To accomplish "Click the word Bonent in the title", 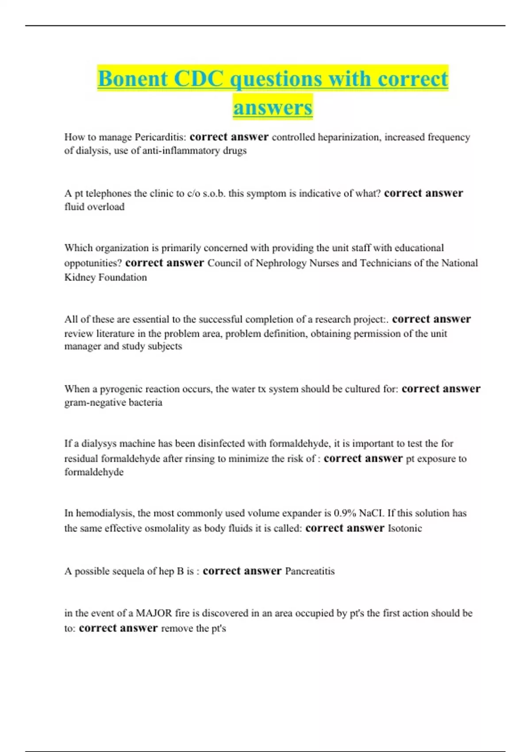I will coord(133,79).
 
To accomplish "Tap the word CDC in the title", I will coord(199,79).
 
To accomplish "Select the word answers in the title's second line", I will coord(273,107).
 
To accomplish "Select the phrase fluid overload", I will coord(94,207).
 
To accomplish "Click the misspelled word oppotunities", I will coord(93,263).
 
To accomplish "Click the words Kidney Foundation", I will coord(105,277).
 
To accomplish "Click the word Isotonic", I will coord(405,528).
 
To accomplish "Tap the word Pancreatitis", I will coord(310,571).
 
